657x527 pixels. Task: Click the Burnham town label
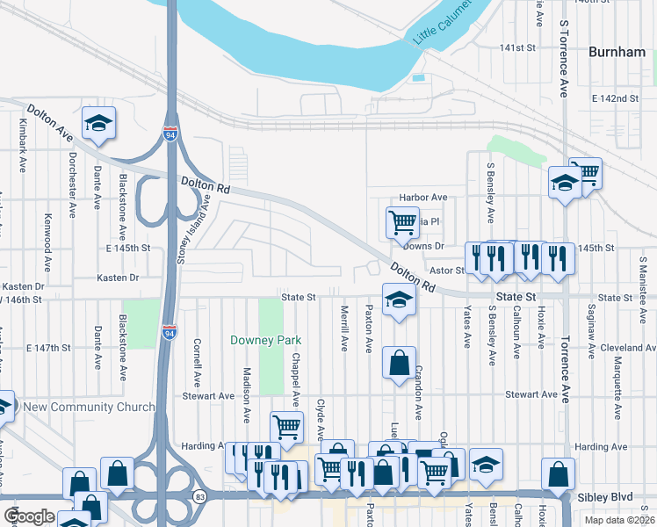(616, 52)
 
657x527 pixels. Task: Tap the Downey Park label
(265, 340)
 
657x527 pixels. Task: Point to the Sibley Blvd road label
(606, 497)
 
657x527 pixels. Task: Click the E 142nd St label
(615, 97)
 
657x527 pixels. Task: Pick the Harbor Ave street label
(422, 198)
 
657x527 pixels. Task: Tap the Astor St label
(445, 271)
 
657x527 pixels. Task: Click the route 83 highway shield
(201, 497)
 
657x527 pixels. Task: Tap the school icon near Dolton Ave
(99, 124)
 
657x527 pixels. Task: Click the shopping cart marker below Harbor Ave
(401, 222)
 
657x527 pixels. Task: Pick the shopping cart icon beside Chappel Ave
(286, 428)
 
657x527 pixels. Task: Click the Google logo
(30, 516)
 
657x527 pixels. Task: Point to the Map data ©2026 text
(617, 520)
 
